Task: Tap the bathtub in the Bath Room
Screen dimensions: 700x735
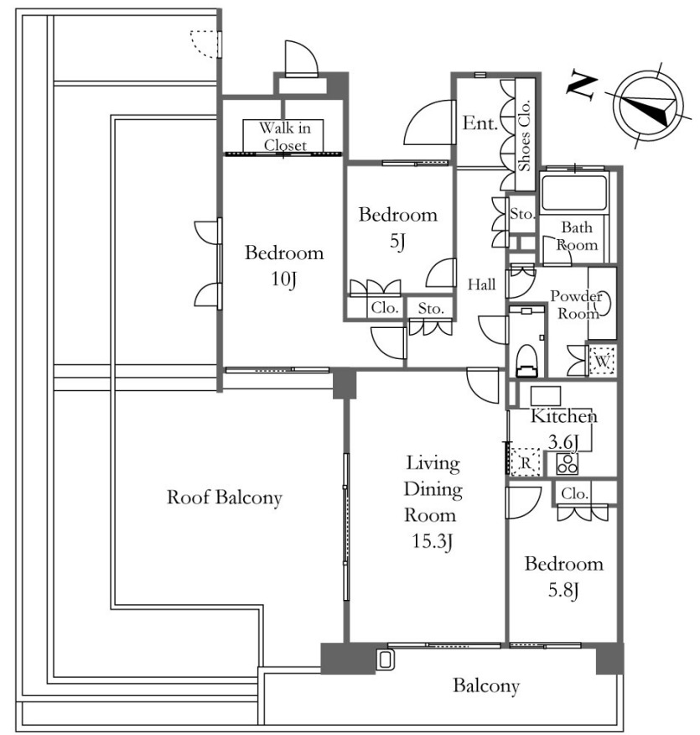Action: (574, 193)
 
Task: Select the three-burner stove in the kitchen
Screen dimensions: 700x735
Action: (567, 464)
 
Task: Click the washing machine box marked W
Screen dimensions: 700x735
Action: (602, 361)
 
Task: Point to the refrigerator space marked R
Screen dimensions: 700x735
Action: (526, 462)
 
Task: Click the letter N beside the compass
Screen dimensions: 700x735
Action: (583, 86)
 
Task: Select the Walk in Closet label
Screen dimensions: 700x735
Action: (285, 136)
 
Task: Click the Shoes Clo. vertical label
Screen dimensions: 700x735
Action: (524, 135)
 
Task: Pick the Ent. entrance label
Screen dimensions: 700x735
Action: (480, 123)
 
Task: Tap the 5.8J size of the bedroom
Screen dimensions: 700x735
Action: (563, 590)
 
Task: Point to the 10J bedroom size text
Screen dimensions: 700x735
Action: (283, 279)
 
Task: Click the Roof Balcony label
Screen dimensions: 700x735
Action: (225, 498)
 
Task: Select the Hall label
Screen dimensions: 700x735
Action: (482, 284)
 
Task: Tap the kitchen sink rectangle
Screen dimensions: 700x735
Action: (546, 396)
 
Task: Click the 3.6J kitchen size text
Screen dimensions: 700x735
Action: (563, 441)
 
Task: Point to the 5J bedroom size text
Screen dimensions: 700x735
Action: (397, 242)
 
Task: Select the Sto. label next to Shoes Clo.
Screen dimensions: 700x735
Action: (521, 214)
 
